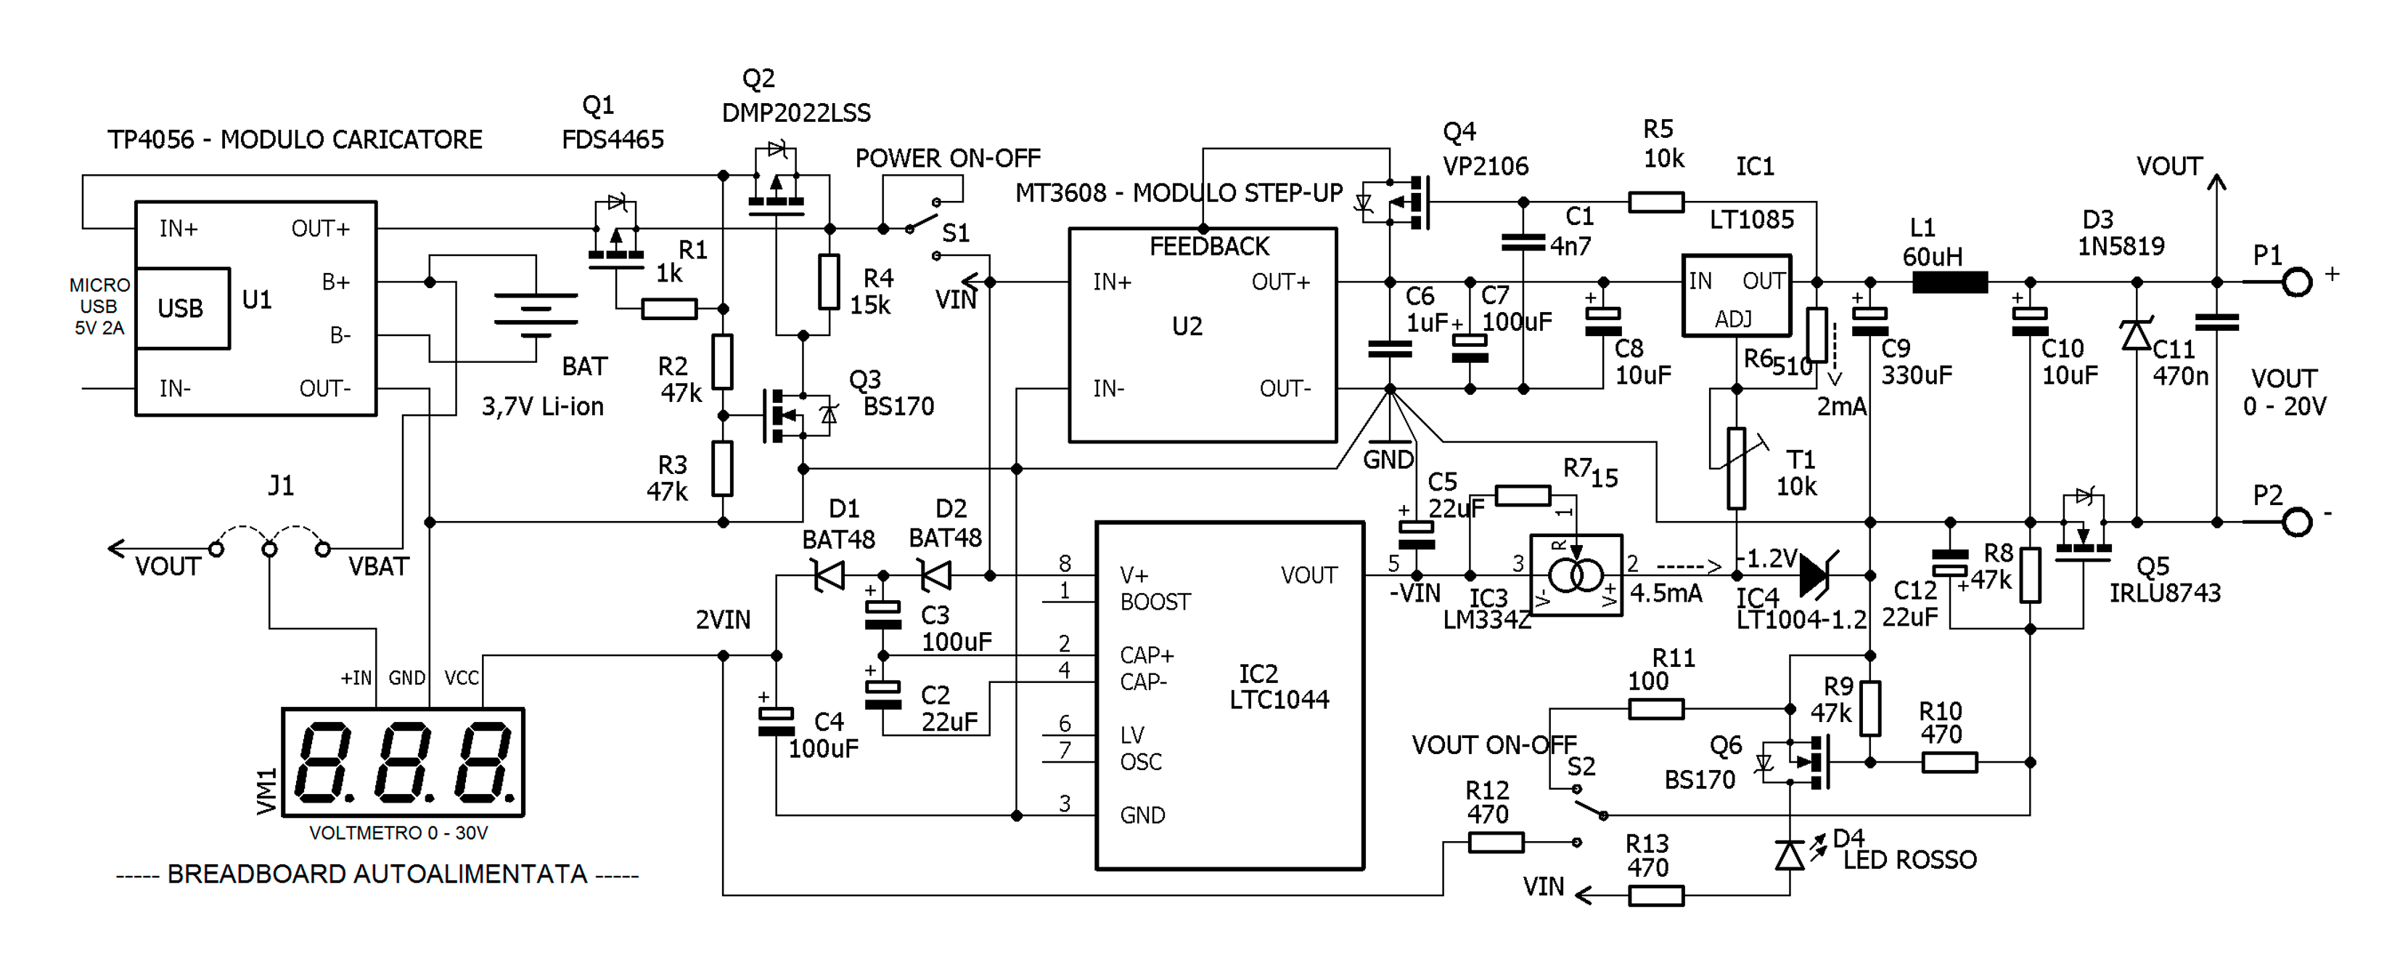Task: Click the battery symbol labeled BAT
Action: click(536, 310)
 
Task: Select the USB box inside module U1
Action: click(181, 308)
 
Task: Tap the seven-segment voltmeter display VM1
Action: click(403, 762)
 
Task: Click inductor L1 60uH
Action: click(1949, 282)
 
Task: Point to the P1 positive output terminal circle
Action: click(2297, 282)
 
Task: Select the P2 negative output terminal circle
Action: click(2297, 522)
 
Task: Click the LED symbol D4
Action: click(1789, 854)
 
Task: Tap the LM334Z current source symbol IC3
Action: click(1576, 575)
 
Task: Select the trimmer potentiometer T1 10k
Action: click(1736, 467)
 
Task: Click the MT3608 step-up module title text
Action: click(1179, 193)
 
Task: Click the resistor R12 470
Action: click(1495, 842)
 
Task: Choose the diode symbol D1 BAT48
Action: click(828, 575)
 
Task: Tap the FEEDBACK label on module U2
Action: click(1208, 247)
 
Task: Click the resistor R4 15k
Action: click(828, 282)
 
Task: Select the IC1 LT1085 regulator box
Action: click(1736, 295)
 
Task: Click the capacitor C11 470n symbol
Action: click(2216, 322)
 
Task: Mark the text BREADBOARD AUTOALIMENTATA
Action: click(377, 874)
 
